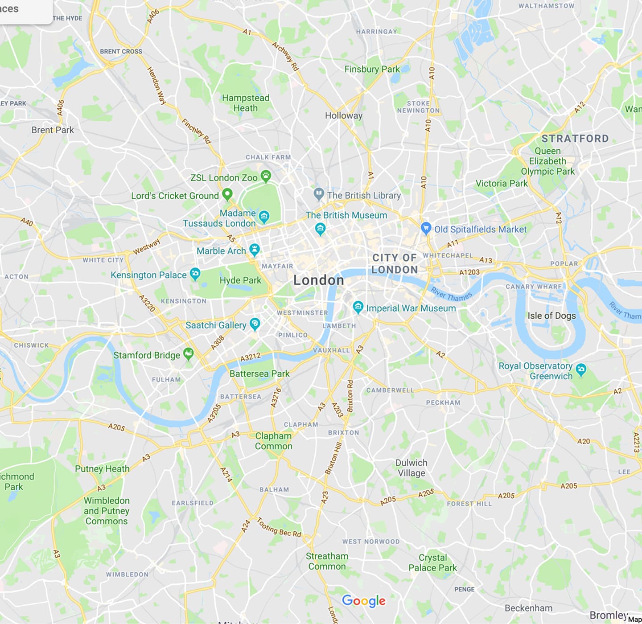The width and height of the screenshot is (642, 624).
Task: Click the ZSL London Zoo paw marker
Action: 266,177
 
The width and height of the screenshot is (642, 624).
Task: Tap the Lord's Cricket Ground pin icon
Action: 227,194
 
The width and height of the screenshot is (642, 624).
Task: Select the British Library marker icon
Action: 318,194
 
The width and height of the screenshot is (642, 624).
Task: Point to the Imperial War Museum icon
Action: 358,307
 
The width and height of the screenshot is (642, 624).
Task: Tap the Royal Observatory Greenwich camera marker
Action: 580,369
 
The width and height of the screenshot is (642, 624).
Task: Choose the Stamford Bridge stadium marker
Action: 189,354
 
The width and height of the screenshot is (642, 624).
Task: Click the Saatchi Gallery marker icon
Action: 255,324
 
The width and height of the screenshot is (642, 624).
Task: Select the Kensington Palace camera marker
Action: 195,274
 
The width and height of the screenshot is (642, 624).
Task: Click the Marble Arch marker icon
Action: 254,249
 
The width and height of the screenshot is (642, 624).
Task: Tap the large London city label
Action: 318,280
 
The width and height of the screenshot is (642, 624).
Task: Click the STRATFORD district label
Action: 575,139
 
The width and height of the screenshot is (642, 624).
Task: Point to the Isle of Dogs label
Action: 551,316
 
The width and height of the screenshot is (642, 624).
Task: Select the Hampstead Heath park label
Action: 246,103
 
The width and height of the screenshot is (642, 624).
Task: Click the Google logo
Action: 363,601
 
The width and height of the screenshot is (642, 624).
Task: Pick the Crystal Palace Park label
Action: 432,562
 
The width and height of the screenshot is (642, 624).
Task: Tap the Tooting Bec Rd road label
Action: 279,527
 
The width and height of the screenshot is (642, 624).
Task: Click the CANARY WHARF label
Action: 534,287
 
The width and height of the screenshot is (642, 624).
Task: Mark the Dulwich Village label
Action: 411,468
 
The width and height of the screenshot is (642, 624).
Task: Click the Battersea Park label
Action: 259,374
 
